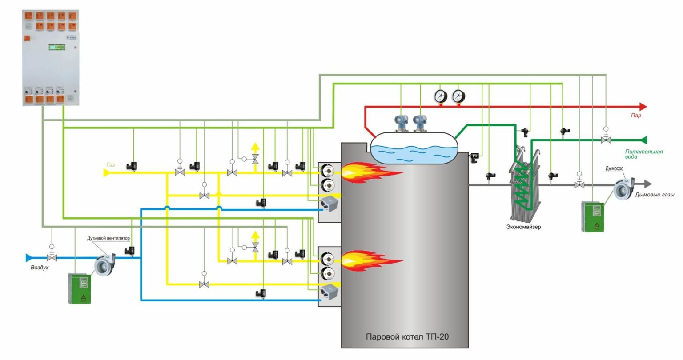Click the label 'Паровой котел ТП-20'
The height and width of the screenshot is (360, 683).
coord(407,337)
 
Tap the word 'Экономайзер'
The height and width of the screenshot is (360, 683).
coord(523,227)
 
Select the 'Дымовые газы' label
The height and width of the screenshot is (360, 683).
coord(654,195)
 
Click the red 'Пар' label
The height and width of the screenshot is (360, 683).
coord(636,116)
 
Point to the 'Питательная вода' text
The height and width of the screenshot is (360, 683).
coord(644,154)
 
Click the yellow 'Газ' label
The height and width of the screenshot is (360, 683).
coord(111,165)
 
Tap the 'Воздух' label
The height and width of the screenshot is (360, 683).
coord(39,268)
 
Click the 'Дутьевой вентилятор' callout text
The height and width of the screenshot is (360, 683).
coord(108,238)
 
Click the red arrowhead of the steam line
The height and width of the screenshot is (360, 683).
coord(643,107)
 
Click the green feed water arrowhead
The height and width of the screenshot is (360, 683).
coord(643,140)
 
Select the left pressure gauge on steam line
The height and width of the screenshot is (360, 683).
coord(441,96)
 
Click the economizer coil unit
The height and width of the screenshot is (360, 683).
coord(526,184)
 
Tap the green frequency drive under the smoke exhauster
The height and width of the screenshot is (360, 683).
coord(593,216)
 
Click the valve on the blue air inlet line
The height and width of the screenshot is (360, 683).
coord(52,257)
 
